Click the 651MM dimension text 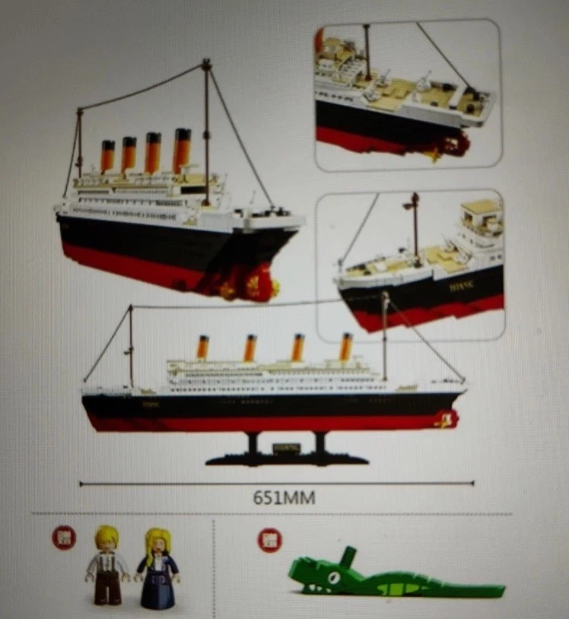(x=284, y=498)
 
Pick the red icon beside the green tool (x=269, y=540)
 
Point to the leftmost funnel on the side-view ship (x=203, y=348)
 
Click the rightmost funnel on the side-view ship (x=345, y=347)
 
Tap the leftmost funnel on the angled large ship (x=107, y=155)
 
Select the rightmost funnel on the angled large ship (x=182, y=151)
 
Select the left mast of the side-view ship (x=130, y=346)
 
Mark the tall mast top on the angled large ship (x=205, y=65)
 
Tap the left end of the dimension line (x=81, y=482)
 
